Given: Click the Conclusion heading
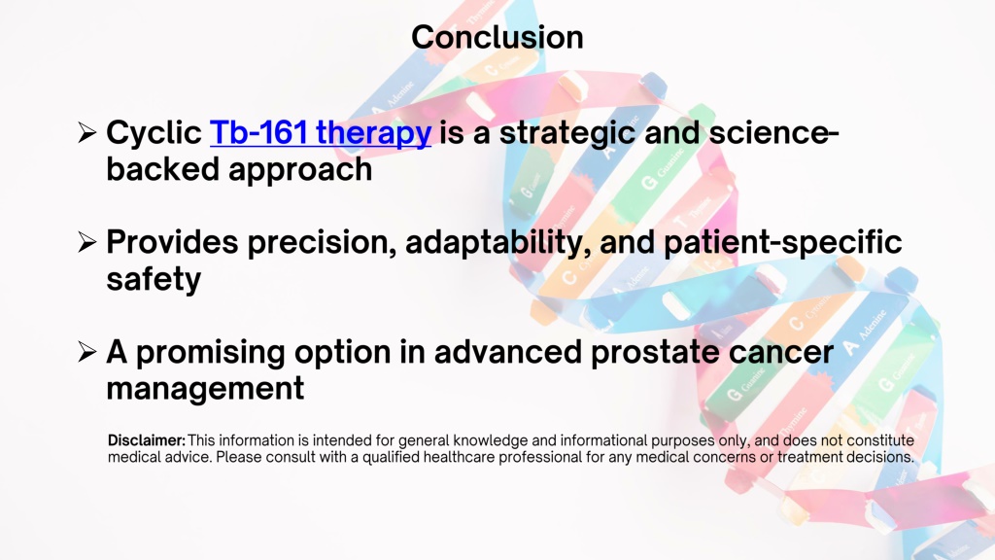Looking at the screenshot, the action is [x=497, y=37].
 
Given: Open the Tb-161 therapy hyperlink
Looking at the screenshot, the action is [x=321, y=133].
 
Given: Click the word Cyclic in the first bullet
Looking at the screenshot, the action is [x=154, y=133].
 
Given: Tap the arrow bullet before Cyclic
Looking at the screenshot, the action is [x=86, y=132].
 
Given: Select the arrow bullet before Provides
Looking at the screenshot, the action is [x=86, y=242].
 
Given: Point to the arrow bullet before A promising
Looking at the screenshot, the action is [x=86, y=351].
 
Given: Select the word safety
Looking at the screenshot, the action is [x=154, y=279].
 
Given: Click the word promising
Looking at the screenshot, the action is [x=211, y=353].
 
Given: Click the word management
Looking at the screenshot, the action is [x=205, y=389].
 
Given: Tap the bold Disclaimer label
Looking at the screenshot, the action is [x=147, y=440].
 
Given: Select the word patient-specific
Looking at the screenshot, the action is [x=782, y=242].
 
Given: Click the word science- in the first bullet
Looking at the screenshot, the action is [x=773, y=133].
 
